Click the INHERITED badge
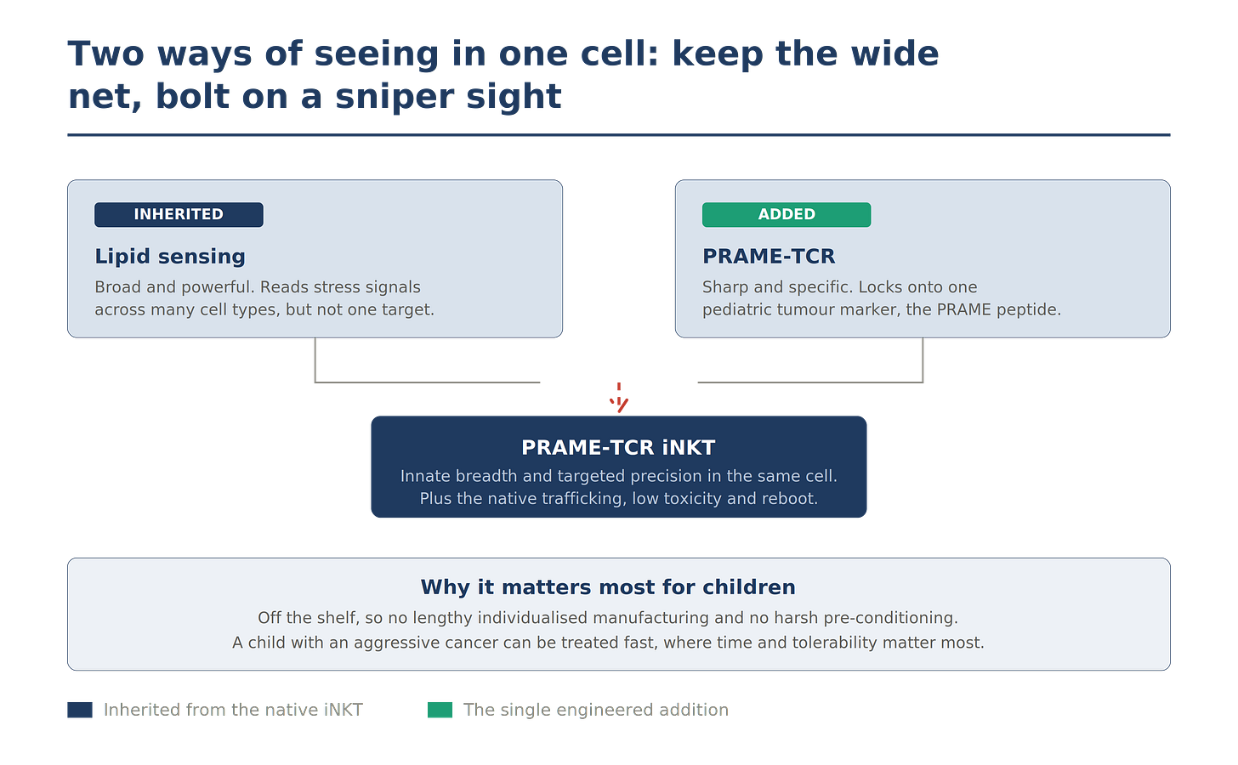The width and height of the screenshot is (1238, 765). pyautogui.click(x=179, y=214)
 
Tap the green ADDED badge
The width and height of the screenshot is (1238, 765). pyautogui.click(x=787, y=214)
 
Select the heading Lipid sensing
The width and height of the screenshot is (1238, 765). pyautogui.click(x=170, y=257)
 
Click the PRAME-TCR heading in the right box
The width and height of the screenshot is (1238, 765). pyautogui.click(x=769, y=257)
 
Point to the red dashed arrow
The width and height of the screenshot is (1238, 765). pyautogui.click(x=619, y=398)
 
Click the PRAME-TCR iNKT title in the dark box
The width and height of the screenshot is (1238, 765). pyautogui.click(x=618, y=447)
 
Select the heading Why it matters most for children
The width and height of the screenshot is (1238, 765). pyautogui.click(x=608, y=587)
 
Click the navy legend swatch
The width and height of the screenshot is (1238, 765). pyautogui.click(x=80, y=710)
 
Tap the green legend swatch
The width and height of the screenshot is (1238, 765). pyautogui.click(x=440, y=710)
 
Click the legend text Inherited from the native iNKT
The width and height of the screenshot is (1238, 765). pyautogui.click(x=233, y=710)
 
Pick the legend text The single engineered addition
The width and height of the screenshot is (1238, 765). pyautogui.click(x=596, y=710)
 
